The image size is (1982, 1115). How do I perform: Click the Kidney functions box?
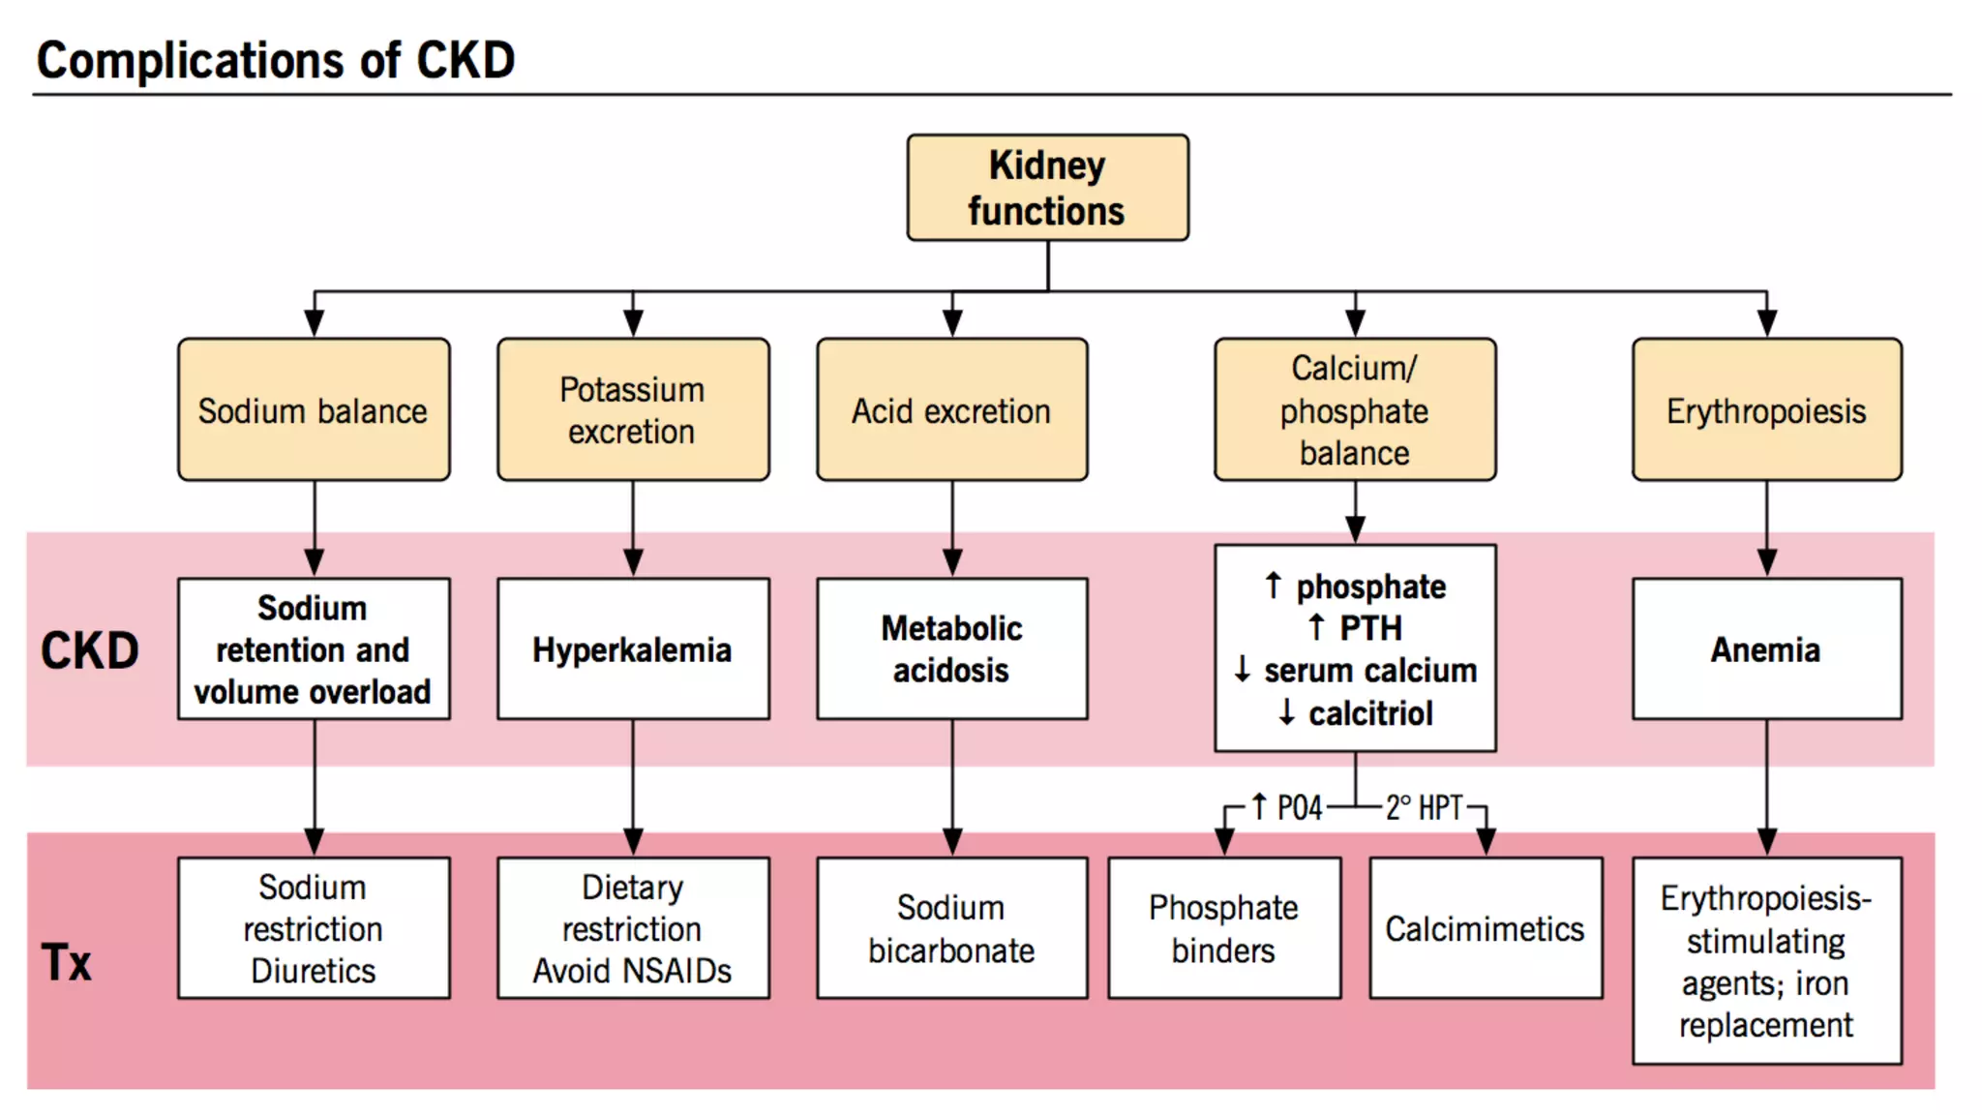pos(1047,188)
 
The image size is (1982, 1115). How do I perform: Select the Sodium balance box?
pos(314,410)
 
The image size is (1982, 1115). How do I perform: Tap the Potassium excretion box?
pos(633,410)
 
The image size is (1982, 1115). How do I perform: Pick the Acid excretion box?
pos(951,410)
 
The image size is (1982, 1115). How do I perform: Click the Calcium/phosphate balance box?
pos(1355,410)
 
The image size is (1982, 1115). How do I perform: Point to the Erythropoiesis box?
pos(1766,410)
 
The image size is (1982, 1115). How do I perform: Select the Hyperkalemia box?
pos(633,649)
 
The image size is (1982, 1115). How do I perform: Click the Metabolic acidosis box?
pos(951,649)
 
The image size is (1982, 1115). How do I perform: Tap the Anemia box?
pos(1766,649)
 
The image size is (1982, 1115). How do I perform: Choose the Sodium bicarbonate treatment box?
pos(951,928)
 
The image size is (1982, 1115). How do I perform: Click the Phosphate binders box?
pos(1224,928)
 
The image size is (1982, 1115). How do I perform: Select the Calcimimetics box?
pos(1486,928)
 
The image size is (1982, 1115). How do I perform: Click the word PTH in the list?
pos(1370,628)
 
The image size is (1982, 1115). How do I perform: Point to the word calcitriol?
pos(1370,713)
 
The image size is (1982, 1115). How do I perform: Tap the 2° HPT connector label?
pos(1424,807)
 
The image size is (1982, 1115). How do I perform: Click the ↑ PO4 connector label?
pos(1287,807)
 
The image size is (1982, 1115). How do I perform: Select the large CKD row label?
pos(89,650)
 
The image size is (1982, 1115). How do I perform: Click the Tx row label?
pos(66,962)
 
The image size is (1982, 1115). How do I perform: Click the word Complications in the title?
pos(191,60)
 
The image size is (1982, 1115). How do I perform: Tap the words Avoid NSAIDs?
pos(633,971)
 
